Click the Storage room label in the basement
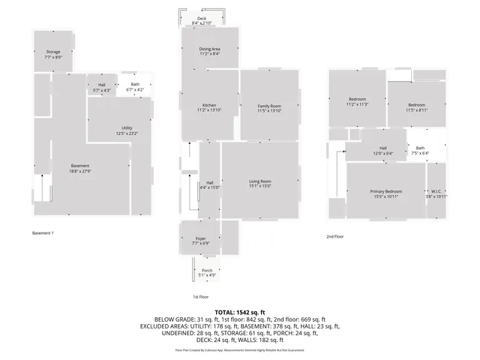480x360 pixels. tap(52, 55)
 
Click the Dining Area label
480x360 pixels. tap(210, 51)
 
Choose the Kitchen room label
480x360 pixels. tap(209, 107)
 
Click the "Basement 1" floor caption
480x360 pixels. tap(43, 232)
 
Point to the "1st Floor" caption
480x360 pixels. tap(200, 297)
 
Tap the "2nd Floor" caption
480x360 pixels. tap(334, 237)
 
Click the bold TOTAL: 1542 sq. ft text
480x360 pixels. tap(240, 311)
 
